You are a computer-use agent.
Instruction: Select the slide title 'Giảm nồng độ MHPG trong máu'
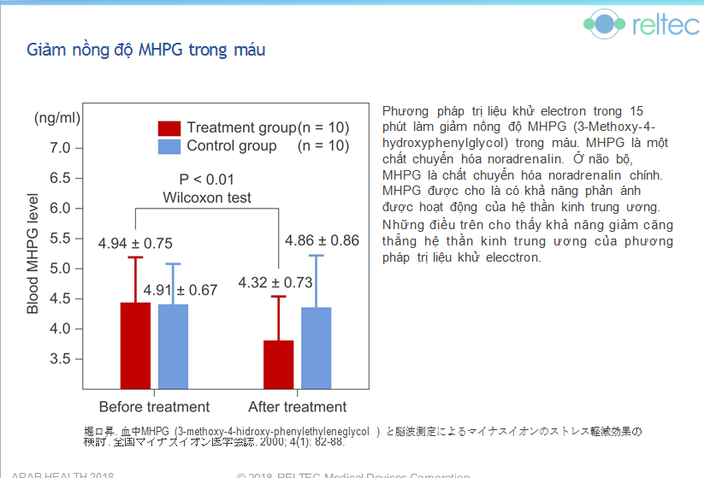146,50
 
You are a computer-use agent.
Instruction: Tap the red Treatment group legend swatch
169,128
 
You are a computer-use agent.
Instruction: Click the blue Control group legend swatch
169,146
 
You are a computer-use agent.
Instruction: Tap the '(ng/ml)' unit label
57,117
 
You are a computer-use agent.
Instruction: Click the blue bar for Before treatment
173,346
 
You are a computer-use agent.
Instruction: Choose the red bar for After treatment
279,365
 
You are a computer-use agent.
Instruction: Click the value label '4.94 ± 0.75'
135,244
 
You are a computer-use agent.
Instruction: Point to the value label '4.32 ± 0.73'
275,282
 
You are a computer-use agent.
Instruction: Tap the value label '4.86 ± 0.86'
322,240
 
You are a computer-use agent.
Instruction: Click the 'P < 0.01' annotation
206,180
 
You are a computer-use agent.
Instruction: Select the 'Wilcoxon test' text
207,198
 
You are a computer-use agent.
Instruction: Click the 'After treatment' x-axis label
298,407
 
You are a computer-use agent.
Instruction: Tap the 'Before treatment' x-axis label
154,407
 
